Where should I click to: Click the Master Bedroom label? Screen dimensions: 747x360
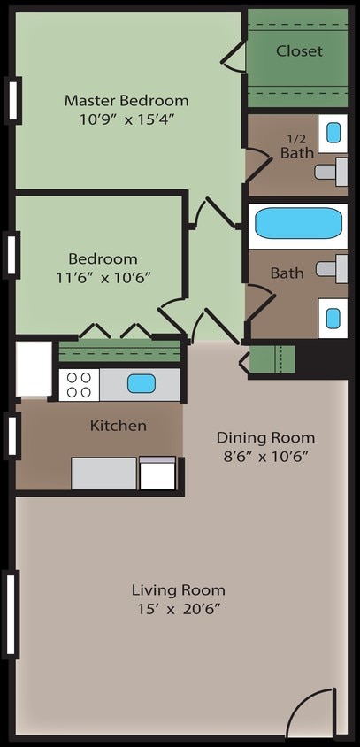point(126,100)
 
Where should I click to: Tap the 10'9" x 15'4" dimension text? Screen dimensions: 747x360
point(126,119)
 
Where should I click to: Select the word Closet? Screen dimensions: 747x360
point(299,51)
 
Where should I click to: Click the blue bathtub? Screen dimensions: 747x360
point(298,224)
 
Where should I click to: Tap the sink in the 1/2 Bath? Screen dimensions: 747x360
point(333,133)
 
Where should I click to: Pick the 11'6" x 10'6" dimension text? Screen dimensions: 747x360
point(103,277)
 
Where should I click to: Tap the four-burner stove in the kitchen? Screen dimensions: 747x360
point(79,384)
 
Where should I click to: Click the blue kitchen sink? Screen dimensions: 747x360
point(141,384)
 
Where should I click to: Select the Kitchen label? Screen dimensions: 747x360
point(119,426)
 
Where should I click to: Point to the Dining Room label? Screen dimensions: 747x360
point(265,437)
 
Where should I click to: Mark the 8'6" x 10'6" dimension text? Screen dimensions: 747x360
point(265,457)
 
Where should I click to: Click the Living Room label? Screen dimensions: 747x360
point(178,589)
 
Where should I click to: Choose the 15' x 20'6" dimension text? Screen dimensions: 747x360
point(178,609)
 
